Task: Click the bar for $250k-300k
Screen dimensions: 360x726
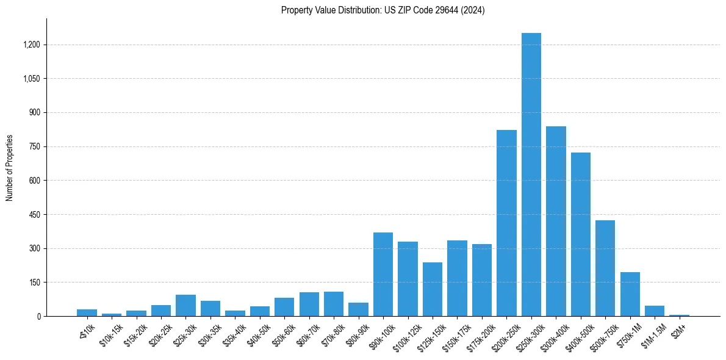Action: pyautogui.click(x=531, y=175)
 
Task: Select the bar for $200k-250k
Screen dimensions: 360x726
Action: pyautogui.click(x=506, y=223)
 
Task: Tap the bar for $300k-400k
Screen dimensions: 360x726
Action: pyautogui.click(x=556, y=221)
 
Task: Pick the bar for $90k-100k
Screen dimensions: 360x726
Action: pyautogui.click(x=383, y=274)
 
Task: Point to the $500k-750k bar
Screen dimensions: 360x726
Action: pyautogui.click(x=605, y=268)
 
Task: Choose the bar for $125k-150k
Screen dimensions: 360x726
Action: pyautogui.click(x=433, y=289)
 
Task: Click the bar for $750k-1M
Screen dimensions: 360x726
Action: pyautogui.click(x=630, y=294)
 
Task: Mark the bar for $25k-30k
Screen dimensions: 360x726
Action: pyautogui.click(x=185, y=305)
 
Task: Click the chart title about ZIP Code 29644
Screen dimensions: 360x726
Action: pyautogui.click(x=383, y=10)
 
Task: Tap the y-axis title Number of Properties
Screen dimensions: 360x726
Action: pyautogui.click(x=10, y=168)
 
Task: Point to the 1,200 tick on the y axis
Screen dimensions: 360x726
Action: pyautogui.click(x=31, y=45)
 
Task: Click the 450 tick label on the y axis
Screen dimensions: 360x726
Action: pyautogui.click(x=34, y=215)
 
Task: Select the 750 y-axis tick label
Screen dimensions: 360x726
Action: pyautogui.click(x=34, y=146)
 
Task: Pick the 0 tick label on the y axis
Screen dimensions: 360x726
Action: pyautogui.click(x=38, y=317)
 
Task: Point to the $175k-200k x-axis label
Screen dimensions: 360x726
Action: pyautogui.click(x=481, y=333)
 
